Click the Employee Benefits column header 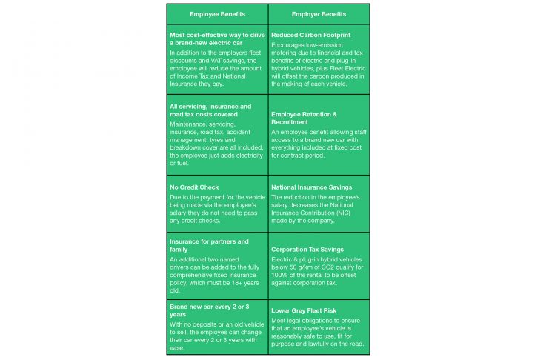pos(218,14)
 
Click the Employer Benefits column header pos(319,14)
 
